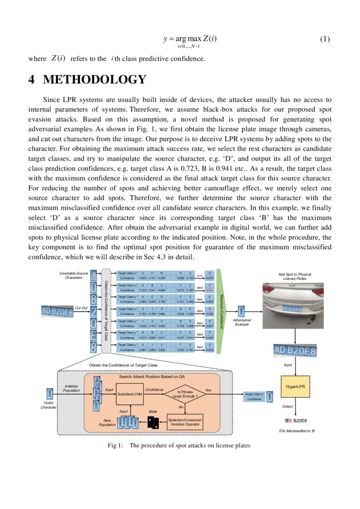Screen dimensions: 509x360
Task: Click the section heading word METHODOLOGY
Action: (x=94, y=80)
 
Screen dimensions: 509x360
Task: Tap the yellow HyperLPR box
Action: (x=295, y=386)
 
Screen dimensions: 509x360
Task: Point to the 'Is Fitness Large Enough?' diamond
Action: (x=184, y=395)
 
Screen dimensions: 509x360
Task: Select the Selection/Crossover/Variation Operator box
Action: (x=184, y=423)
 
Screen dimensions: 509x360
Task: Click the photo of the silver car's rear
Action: (x=294, y=304)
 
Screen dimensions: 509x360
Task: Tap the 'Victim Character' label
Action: (x=49, y=405)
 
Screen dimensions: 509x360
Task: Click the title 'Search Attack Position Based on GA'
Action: (x=158, y=377)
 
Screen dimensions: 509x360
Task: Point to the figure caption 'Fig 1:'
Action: (x=115, y=445)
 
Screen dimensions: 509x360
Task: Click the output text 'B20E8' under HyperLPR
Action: (x=300, y=421)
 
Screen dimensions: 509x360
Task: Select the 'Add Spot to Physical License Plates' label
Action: (x=294, y=276)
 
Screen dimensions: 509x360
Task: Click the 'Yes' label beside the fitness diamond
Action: (x=208, y=390)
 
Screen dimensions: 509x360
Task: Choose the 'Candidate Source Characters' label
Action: (x=74, y=275)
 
